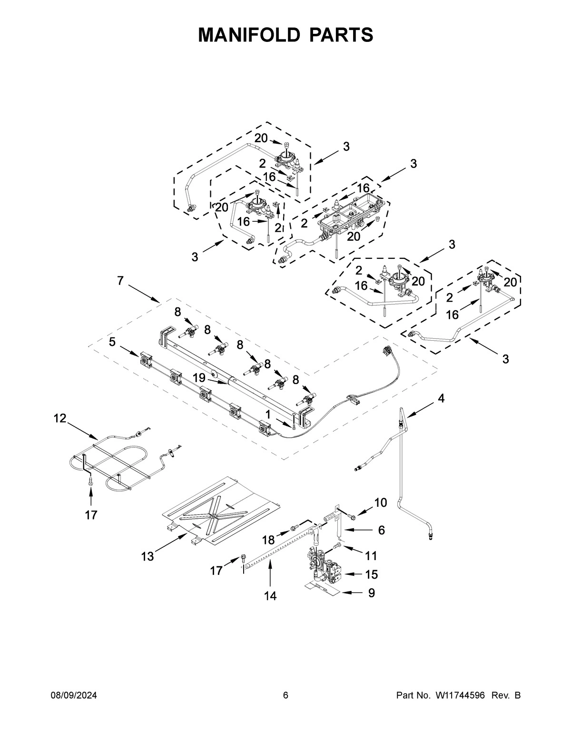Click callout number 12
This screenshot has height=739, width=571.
(x=59, y=418)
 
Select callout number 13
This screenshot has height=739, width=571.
(x=148, y=556)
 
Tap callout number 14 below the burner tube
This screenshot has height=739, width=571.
(x=270, y=596)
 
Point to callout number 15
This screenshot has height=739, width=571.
(x=371, y=574)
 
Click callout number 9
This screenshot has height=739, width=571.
(x=371, y=593)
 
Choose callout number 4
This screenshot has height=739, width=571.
(x=441, y=399)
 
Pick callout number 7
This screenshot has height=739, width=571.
(x=120, y=281)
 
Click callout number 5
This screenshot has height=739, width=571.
(x=112, y=342)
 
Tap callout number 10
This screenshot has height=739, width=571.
(x=381, y=503)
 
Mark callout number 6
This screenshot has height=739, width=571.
(x=381, y=530)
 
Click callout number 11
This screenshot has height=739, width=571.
(x=371, y=555)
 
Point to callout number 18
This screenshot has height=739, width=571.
(x=268, y=540)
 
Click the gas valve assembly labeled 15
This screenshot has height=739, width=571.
(x=325, y=566)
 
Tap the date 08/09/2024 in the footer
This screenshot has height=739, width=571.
(x=74, y=696)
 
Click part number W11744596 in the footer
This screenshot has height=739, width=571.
(x=459, y=696)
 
